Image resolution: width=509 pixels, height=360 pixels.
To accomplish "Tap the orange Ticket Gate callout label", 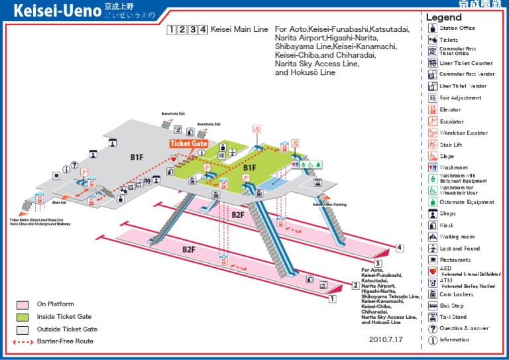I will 189,144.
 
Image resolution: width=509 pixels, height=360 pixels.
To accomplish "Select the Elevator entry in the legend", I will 450,110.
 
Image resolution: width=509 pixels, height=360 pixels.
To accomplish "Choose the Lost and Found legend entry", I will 459,249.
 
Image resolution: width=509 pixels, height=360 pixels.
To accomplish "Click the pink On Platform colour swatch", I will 23,305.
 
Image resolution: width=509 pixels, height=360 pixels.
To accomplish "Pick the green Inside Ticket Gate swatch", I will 23,317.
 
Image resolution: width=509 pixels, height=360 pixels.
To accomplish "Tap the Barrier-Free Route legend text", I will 65,341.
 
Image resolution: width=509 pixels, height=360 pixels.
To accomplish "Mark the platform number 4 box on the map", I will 400,249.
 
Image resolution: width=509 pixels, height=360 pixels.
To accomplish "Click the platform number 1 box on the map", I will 332,299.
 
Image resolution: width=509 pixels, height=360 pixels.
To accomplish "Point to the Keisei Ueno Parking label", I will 329,205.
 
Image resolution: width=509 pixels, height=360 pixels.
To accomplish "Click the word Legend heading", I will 443,17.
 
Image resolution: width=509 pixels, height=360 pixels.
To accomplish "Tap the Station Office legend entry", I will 457,29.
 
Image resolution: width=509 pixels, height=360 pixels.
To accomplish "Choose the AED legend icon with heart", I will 433,272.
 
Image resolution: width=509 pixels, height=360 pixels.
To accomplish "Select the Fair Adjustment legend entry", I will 460,98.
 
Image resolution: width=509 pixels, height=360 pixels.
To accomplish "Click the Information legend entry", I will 454,340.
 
